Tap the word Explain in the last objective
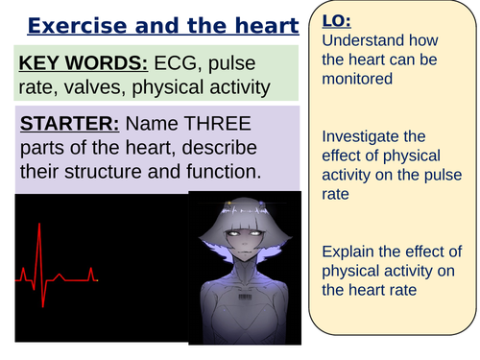coord(348,229)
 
